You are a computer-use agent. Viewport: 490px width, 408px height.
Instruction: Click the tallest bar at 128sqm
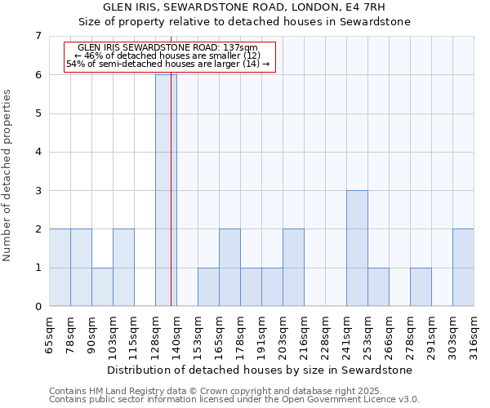(x=166, y=190)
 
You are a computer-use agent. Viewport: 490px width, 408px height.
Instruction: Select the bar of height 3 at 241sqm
(x=357, y=248)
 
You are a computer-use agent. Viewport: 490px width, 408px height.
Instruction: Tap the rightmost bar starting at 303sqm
(x=463, y=268)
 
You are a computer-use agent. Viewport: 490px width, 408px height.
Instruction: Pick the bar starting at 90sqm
(x=102, y=287)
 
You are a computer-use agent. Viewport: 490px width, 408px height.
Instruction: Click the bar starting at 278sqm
(x=421, y=287)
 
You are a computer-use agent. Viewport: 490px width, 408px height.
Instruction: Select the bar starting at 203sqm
(x=293, y=268)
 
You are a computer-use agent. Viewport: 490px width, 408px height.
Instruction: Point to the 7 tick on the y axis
(x=38, y=36)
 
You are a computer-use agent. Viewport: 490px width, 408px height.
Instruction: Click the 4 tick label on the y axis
(x=38, y=153)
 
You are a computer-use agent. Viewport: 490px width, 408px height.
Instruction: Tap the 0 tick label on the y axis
(x=38, y=307)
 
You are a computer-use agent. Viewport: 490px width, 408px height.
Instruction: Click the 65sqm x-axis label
(x=50, y=335)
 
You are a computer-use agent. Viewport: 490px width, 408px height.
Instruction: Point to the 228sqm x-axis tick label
(x=326, y=337)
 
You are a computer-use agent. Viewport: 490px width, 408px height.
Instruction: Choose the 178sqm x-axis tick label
(x=241, y=337)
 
